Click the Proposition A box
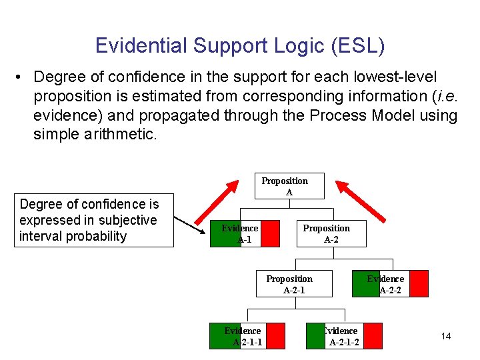coord(284,186)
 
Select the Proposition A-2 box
coord(331,233)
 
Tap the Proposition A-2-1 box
coord(289,283)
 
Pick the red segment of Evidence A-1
coord(270,233)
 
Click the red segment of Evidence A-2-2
coord(418,283)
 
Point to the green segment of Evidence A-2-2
coord(365,283)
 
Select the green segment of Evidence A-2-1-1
coord(220,335)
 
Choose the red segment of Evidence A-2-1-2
coord(373,335)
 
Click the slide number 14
coord(446,336)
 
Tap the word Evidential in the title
coord(141,45)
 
